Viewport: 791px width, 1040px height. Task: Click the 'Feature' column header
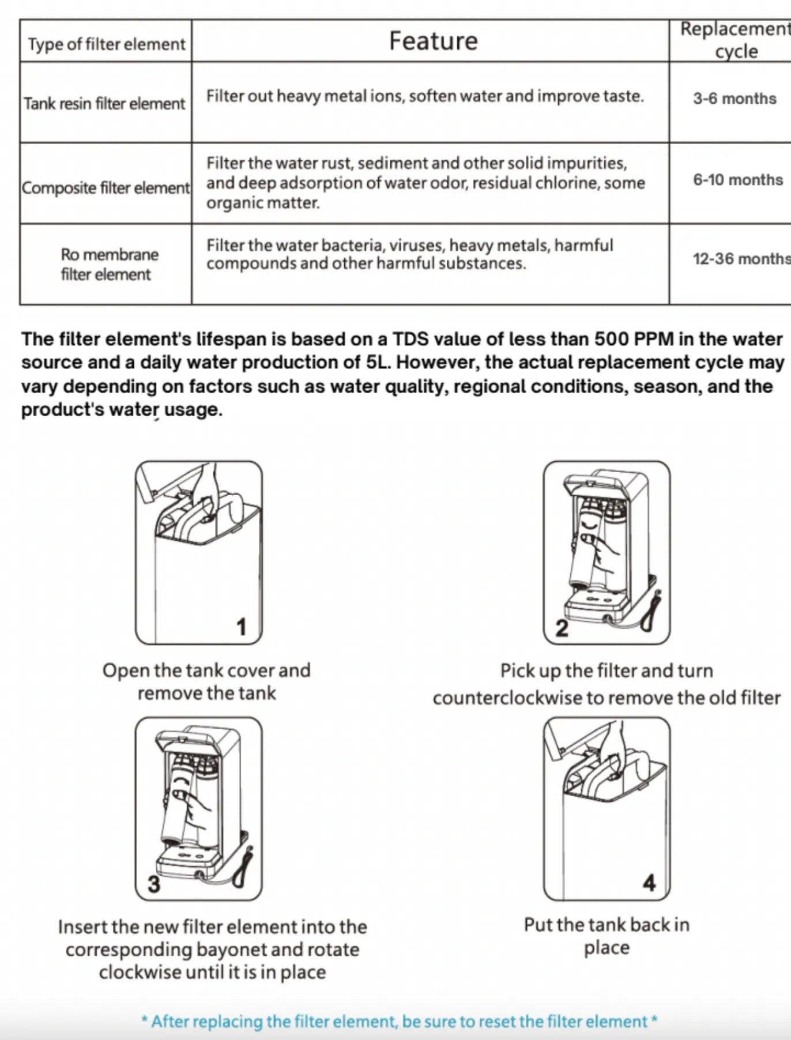[x=433, y=41]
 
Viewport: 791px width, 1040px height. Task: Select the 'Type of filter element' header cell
[x=106, y=44]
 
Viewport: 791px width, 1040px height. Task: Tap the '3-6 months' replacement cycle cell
[x=734, y=99]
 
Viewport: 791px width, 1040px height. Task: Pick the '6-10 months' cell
[x=737, y=180]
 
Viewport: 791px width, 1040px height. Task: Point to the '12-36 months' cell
[x=741, y=259]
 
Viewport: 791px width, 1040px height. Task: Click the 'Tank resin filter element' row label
[x=104, y=104]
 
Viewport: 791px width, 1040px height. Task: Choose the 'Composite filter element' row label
[x=106, y=188]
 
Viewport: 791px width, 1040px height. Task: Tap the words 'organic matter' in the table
[x=262, y=203]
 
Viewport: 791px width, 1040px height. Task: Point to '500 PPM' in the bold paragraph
[x=634, y=338]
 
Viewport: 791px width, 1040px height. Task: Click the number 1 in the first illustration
[x=242, y=627]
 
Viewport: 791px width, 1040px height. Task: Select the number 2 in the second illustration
[x=562, y=628]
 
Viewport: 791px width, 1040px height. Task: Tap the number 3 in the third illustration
[x=153, y=884]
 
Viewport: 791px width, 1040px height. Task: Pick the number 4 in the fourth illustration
[x=649, y=883]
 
